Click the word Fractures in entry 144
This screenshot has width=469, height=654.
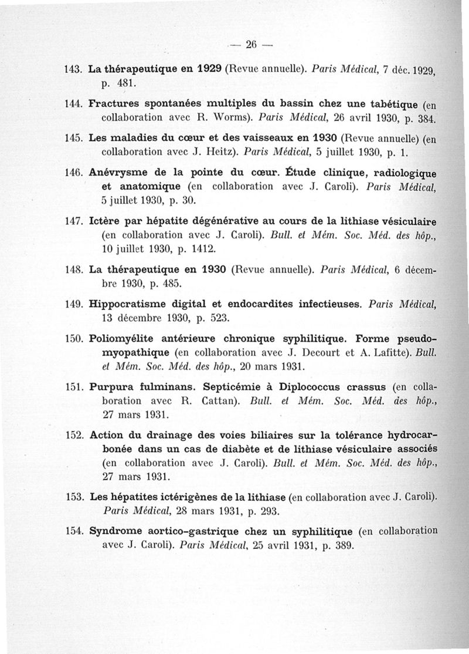click(113, 104)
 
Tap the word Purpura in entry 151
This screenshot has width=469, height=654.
click(108, 389)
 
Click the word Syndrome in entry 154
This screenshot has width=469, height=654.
click(114, 531)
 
